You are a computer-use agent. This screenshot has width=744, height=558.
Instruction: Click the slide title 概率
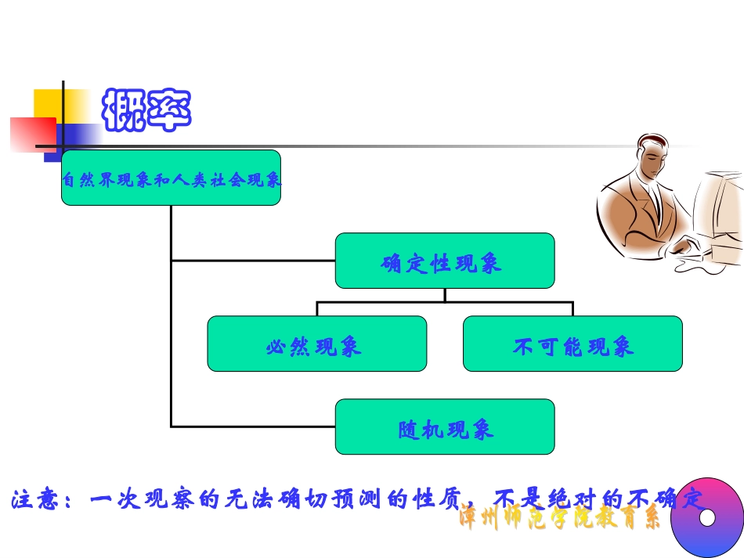coord(147,110)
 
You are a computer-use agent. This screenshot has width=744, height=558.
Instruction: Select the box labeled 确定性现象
coord(444,261)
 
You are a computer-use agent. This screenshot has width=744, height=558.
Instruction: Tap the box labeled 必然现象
coord(316,344)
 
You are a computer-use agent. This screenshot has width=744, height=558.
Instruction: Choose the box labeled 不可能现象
coord(572,344)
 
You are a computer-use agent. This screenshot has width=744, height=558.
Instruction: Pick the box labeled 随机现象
coord(444,427)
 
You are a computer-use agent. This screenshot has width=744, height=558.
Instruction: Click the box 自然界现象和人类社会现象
coord(171,178)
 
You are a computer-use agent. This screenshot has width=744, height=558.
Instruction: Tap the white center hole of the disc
coord(708,517)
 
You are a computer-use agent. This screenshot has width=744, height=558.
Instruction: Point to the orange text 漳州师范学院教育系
coord(559,519)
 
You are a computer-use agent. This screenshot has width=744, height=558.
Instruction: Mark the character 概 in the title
coord(125,110)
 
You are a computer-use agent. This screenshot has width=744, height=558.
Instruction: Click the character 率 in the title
coord(169,110)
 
